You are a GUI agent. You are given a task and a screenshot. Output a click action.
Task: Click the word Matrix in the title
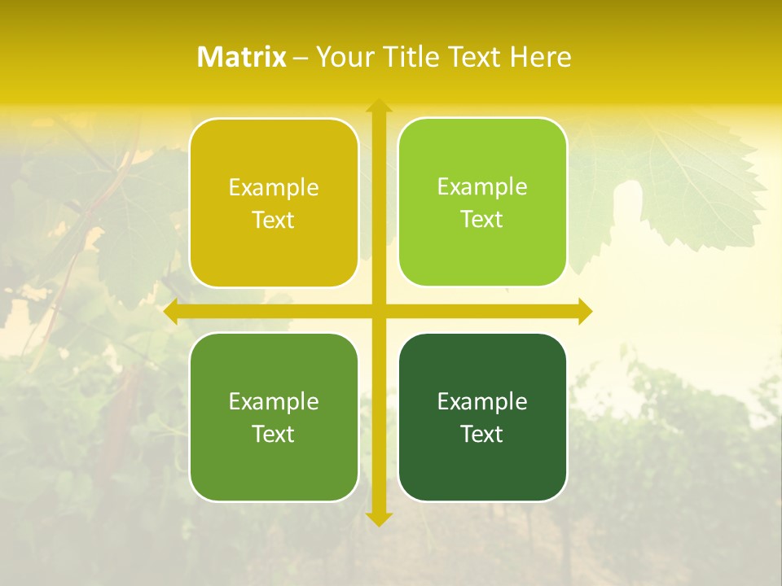242,57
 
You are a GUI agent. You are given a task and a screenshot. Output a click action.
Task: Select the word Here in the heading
540,57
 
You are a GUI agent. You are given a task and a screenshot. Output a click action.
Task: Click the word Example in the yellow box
274,188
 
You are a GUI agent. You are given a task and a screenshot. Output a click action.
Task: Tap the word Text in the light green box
482,219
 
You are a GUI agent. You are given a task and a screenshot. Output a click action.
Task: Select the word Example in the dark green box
482,401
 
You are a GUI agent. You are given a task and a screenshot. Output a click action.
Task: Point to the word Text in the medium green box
274,434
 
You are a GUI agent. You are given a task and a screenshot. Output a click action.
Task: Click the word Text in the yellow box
274,220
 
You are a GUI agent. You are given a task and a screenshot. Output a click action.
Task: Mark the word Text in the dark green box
482,434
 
